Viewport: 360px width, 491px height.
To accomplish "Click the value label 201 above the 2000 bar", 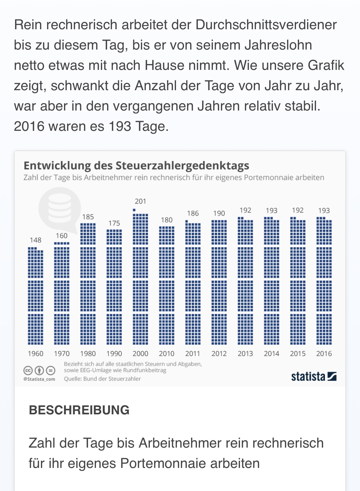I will [x=140, y=201].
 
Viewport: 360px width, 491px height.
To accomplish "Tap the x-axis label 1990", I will [x=114, y=354].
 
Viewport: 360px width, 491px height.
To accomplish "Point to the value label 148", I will [x=35, y=240].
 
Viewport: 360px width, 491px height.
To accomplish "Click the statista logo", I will [x=314, y=376].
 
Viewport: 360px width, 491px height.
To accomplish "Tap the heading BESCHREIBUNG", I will [x=79, y=410].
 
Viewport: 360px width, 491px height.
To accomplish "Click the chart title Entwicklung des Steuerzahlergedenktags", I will [x=136, y=166].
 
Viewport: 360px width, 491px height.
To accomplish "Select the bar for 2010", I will [x=166, y=285].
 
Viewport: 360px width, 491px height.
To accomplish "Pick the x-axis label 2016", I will [x=324, y=354].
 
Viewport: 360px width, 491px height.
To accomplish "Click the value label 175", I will [x=114, y=223].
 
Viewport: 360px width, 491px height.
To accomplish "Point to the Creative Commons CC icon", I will [x=28, y=370].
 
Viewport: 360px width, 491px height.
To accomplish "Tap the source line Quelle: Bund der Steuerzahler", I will [x=102, y=379].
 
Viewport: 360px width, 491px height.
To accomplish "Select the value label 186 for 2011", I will [x=193, y=213].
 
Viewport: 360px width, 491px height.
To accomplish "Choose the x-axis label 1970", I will [x=62, y=354].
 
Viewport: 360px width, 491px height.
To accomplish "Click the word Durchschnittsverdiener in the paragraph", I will [x=266, y=25].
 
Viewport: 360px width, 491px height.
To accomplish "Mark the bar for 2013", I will [x=245, y=281].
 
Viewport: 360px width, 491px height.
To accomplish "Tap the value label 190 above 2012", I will [x=219, y=213].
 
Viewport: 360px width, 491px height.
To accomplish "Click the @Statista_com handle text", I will [x=39, y=379].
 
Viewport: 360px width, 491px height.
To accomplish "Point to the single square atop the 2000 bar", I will [x=134, y=210].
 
